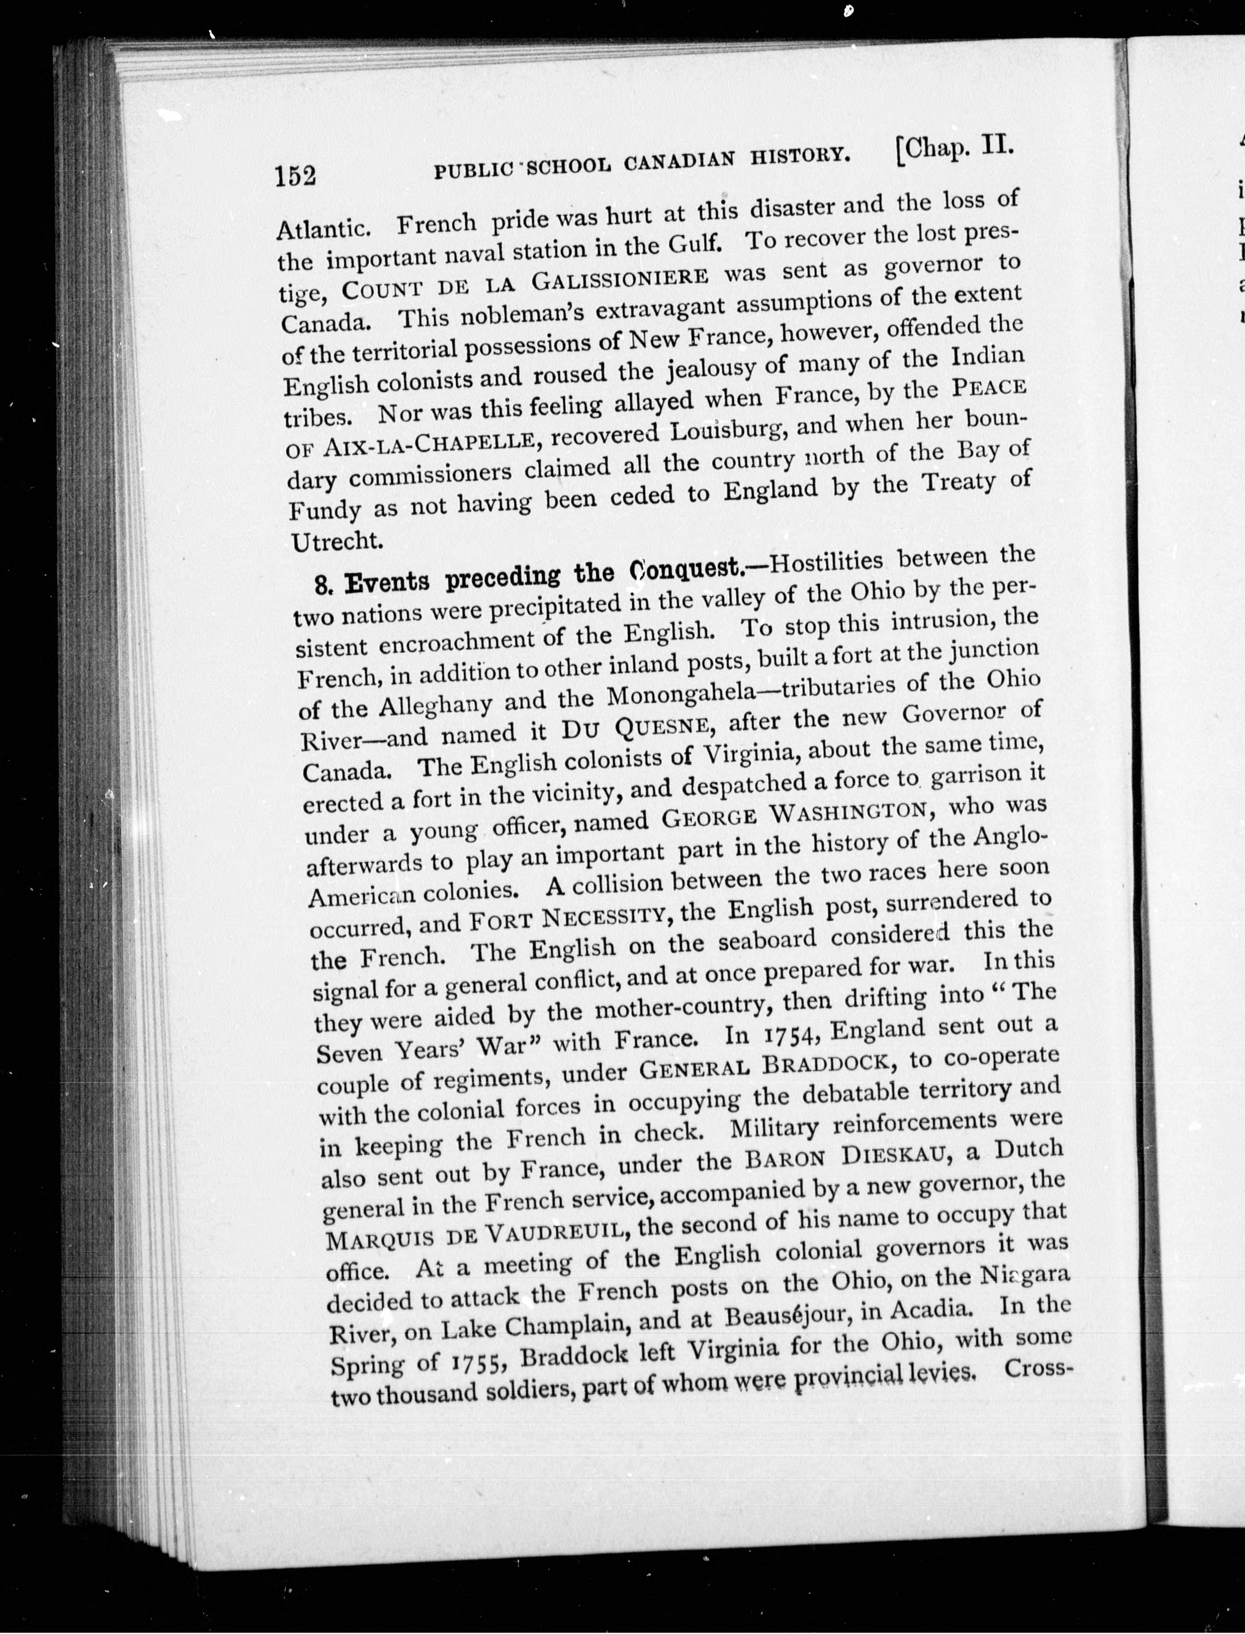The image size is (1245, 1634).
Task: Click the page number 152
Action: [x=296, y=176]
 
